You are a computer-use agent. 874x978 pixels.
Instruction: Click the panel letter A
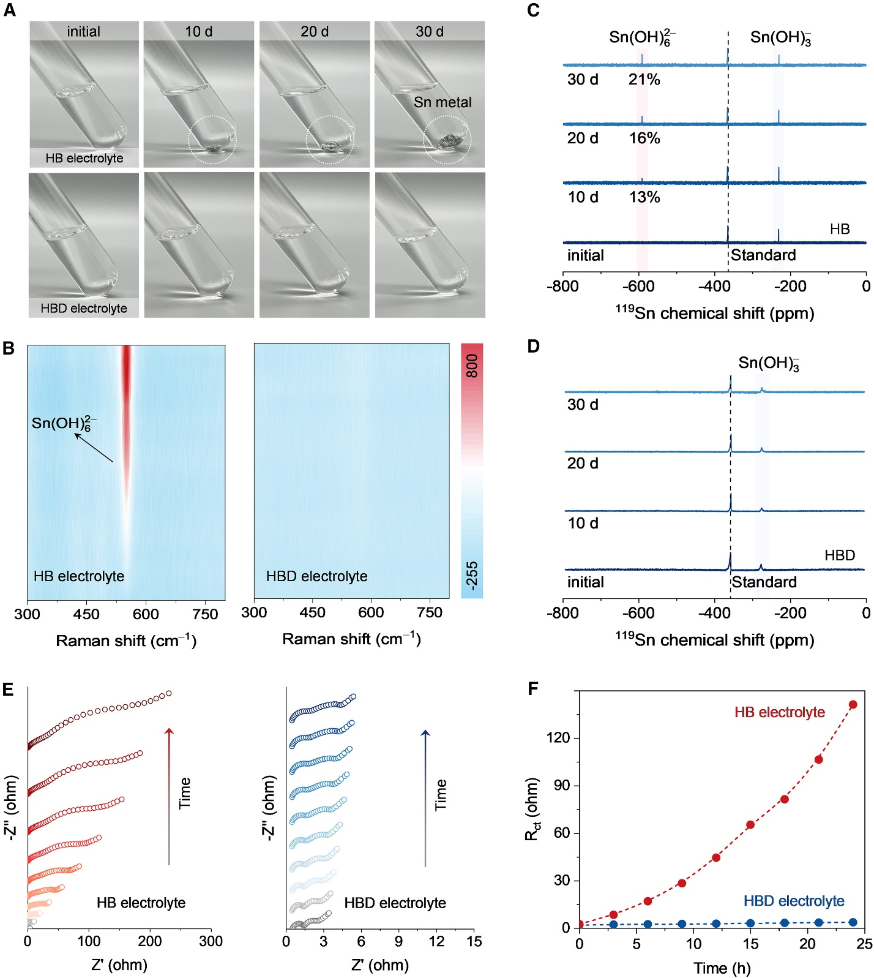point(9,10)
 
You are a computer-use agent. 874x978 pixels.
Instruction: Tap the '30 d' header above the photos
point(430,31)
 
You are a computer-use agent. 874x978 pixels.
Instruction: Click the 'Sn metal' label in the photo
point(443,102)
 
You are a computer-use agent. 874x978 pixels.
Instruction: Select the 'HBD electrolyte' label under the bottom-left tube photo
point(84,308)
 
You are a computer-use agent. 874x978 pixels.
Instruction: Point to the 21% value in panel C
point(644,80)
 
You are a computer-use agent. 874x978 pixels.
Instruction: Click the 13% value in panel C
point(644,197)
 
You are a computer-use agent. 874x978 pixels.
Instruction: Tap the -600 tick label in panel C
point(638,286)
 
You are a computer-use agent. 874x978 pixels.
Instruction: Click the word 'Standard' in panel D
point(764,582)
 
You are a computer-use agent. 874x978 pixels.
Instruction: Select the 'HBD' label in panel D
point(839,555)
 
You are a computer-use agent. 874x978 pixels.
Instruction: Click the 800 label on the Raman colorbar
point(472,366)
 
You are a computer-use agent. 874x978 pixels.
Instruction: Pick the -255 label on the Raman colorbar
point(472,575)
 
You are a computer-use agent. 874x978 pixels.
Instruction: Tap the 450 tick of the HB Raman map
point(86,614)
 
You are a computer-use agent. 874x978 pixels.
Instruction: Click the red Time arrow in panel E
point(170,796)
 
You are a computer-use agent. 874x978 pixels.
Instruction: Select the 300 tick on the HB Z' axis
point(211,941)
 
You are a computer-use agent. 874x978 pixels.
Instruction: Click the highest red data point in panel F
point(853,705)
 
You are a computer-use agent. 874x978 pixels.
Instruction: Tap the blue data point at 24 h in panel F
point(853,922)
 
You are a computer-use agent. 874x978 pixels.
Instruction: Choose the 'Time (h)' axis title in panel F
point(722,968)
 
